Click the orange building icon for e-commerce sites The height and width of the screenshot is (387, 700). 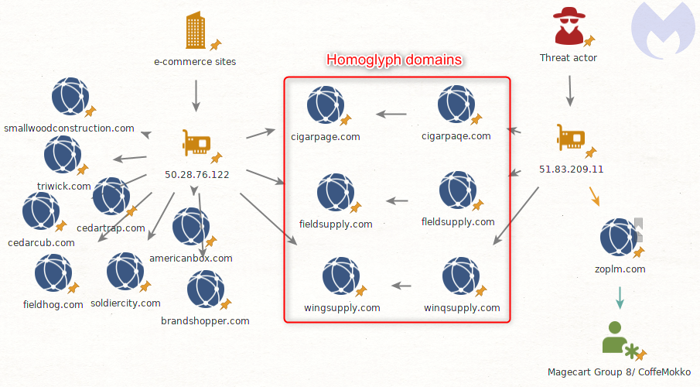(x=195, y=32)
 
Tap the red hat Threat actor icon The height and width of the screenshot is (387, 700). (x=569, y=27)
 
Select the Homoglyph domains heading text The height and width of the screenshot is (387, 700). (x=394, y=60)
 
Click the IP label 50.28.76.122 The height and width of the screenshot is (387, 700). (x=196, y=174)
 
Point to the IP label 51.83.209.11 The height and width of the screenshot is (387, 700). (x=571, y=169)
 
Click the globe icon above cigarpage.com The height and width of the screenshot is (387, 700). (x=326, y=105)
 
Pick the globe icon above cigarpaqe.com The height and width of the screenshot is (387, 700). (x=456, y=105)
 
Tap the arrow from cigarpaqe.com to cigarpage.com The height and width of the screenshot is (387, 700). (x=391, y=115)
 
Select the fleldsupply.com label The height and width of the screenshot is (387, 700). (x=458, y=221)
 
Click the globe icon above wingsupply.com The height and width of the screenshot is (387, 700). (x=340, y=277)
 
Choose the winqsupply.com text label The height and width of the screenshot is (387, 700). (x=462, y=307)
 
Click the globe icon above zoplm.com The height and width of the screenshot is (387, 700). (x=620, y=238)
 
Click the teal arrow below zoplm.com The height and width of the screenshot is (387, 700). (x=619, y=297)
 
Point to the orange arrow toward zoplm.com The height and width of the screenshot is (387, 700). (x=594, y=197)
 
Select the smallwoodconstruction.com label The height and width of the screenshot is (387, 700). (x=69, y=128)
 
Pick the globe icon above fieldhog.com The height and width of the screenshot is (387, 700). (x=53, y=273)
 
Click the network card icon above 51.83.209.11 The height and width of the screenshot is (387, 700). (x=570, y=139)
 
